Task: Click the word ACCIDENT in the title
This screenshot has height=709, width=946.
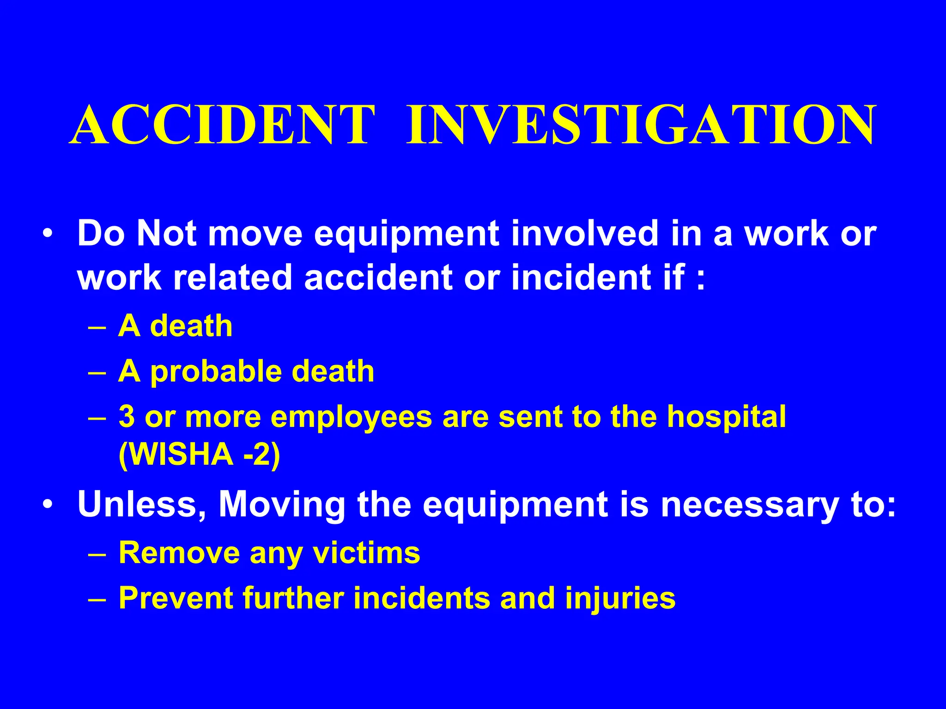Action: [x=222, y=125]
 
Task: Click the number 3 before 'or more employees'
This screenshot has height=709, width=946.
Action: [x=127, y=416]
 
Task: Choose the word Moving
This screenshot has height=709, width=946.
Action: [x=282, y=505]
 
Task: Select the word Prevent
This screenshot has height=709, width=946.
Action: [x=176, y=598]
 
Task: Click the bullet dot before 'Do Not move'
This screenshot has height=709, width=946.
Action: [x=48, y=234]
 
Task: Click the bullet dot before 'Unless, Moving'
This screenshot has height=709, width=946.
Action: [x=48, y=504]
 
